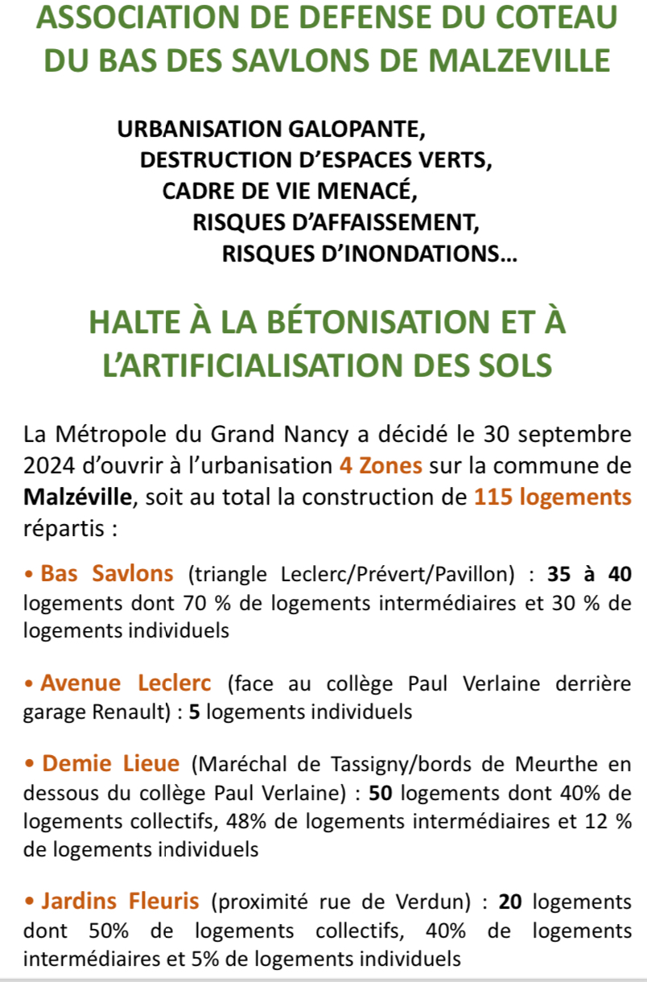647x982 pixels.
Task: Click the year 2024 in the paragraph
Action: click(47, 467)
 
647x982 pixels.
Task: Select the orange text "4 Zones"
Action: click(381, 467)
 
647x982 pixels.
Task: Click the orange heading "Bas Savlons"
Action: click(107, 574)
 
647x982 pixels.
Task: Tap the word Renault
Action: click(133, 712)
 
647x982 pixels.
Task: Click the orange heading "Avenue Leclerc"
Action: click(126, 683)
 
